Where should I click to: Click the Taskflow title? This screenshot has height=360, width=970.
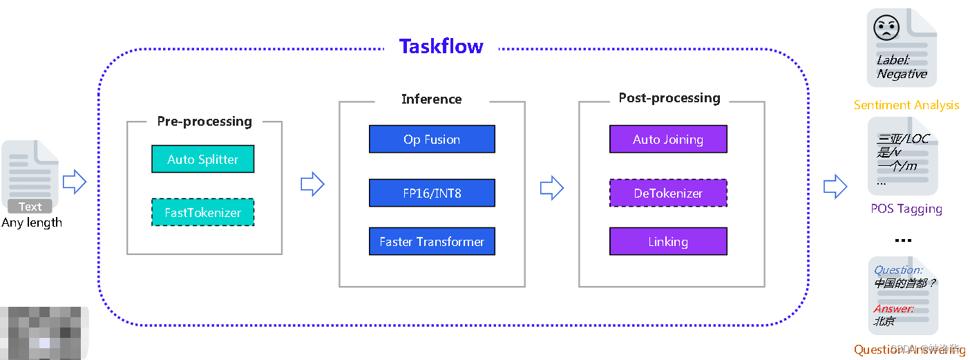pyautogui.click(x=441, y=47)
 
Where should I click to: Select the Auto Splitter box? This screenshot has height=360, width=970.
pyautogui.click(x=203, y=160)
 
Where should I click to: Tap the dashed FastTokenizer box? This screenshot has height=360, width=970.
pyautogui.click(x=203, y=213)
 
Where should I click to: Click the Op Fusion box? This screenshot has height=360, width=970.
pyautogui.click(x=432, y=139)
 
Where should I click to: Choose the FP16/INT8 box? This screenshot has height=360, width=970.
pyautogui.click(x=432, y=193)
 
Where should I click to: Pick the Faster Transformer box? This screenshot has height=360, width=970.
pyautogui.click(x=432, y=242)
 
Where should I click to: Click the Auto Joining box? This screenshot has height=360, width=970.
pyautogui.click(x=668, y=139)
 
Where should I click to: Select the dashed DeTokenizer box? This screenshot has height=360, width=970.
pyautogui.click(x=668, y=193)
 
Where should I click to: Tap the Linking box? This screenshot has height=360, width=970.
pyautogui.click(x=668, y=242)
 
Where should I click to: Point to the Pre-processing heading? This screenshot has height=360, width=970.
pyautogui.click(x=205, y=122)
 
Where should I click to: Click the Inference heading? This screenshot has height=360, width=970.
pyautogui.click(x=432, y=100)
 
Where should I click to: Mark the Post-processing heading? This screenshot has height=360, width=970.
pyautogui.click(x=669, y=98)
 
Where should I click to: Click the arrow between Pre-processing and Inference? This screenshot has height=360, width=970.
pyautogui.click(x=312, y=184)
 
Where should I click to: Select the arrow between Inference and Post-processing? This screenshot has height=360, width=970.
pyautogui.click(x=551, y=187)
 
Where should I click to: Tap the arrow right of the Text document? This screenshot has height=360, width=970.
pyautogui.click(x=75, y=182)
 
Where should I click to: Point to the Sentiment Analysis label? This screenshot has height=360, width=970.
pyautogui.click(x=906, y=105)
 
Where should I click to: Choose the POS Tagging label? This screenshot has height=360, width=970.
pyautogui.click(x=906, y=209)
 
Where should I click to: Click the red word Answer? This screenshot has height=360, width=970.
pyautogui.click(x=894, y=309)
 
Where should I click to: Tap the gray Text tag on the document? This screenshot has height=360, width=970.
pyautogui.click(x=30, y=207)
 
